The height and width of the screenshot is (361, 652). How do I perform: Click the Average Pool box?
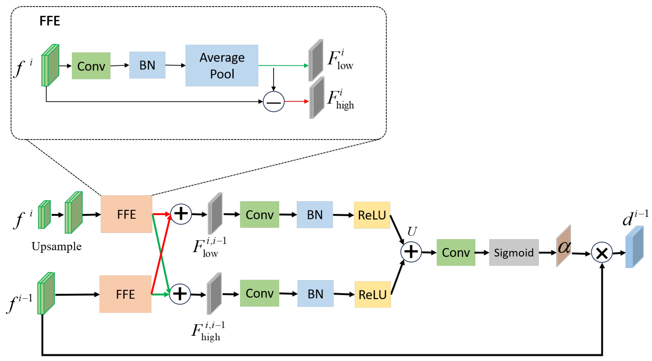(x=222, y=66)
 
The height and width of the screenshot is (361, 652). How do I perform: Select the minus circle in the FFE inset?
(x=273, y=102)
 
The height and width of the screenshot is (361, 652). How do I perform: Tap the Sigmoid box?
(x=514, y=252)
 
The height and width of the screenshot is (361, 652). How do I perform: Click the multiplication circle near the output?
(x=602, y=252)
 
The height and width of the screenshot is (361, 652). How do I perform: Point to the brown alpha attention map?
(x=564, y=246)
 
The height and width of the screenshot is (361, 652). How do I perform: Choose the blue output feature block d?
(x=635, y=247)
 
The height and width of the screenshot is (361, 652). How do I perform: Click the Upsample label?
(x=56, y=247)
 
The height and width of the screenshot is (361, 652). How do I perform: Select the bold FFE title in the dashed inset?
(x=50, y=21)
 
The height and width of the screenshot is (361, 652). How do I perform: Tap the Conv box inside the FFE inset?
(x=91, y=66)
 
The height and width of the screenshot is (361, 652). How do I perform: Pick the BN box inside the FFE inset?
(x=147, y=65)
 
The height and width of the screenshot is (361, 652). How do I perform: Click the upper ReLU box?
(x=372, y=215)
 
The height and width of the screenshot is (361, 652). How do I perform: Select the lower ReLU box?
(x=373, y=294)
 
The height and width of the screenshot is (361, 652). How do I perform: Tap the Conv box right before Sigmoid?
(x=456, y=252)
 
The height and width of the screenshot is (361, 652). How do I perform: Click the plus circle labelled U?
(x=411, y=252)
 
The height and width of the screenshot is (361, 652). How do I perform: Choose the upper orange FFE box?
(x=126, y=214)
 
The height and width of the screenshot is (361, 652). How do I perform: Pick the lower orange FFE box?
(x=125, y=294)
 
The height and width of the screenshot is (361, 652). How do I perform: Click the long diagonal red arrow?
(x=161, y=254)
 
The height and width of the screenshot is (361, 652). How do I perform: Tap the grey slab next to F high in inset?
(x=317, y=97)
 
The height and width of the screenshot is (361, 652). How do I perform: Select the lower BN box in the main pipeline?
(x=315, y=293)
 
